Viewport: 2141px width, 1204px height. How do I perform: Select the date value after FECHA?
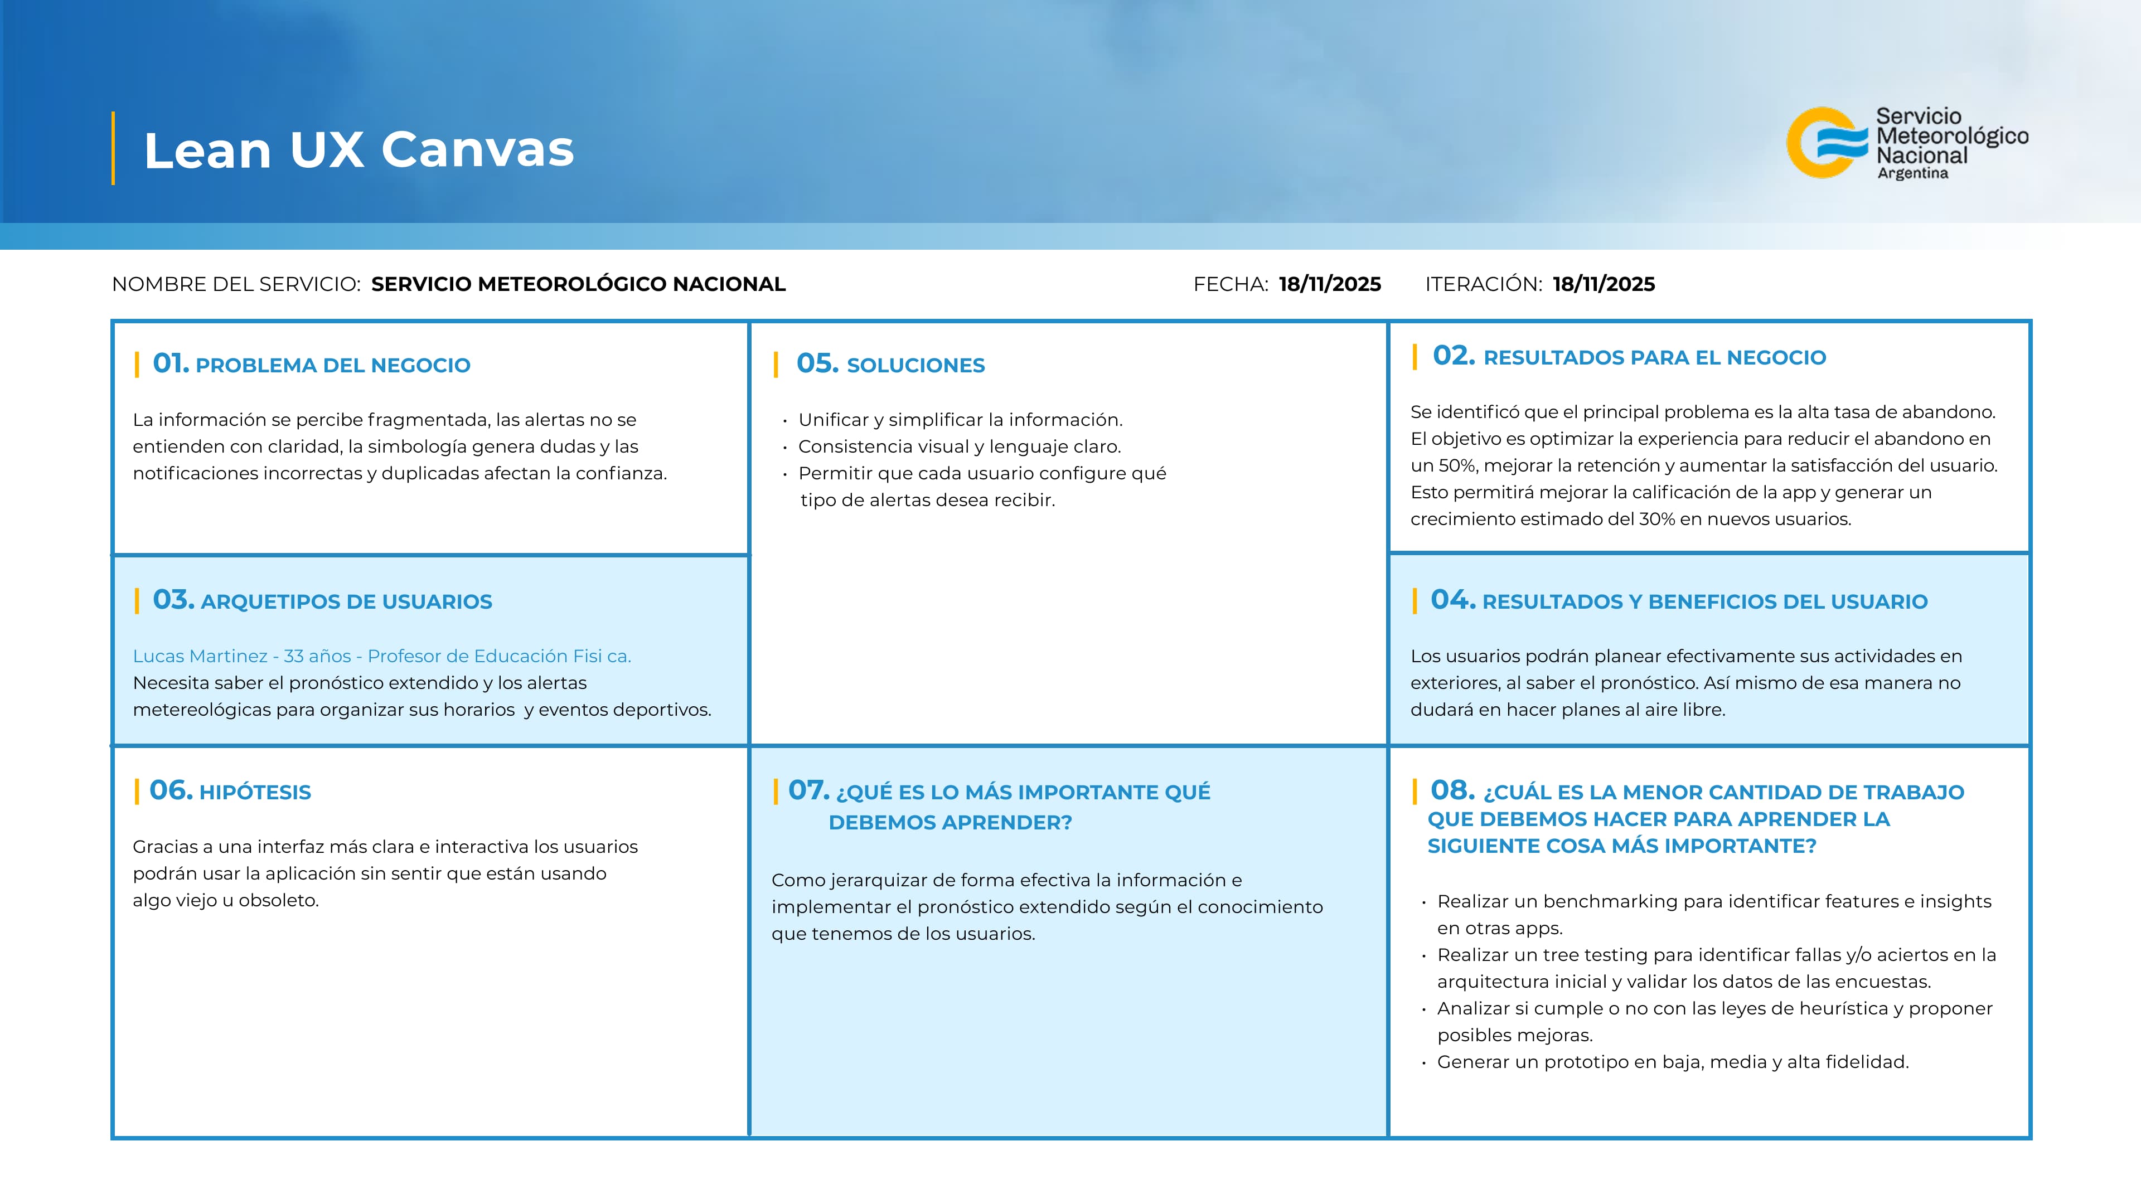pyautogui.click(x=1330, y=284)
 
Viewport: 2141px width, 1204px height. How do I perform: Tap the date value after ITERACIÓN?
pyautogui.click(x=1604, y=284)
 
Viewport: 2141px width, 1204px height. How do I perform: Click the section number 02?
pyautogui.click(x=1453, y=356)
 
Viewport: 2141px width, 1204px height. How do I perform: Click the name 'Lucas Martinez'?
pyautogui.click(x=200, y=657)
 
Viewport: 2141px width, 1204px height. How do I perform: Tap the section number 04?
pyautogui.click(x=1452, y=600)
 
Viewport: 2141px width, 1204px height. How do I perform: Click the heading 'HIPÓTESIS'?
pyautogui.click(x=255, y=793)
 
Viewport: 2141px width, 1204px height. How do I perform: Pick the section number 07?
pyautogui.click(x=808, y=790)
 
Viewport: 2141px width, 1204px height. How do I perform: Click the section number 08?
pyautogui.click(x=1452, y=790)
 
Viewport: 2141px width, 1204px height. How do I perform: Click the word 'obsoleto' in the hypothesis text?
pyautogui.click(x=278, y=901)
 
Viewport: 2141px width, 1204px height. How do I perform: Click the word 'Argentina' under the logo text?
pyautogui.click(x=1912, y=174)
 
